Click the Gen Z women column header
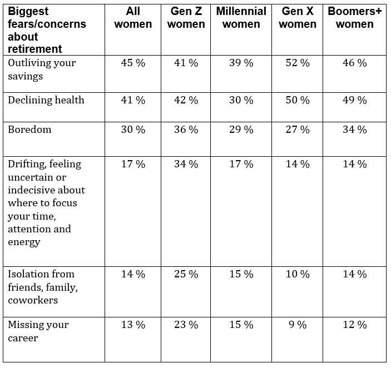[x=186, y=18]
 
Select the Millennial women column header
[x=241, y=18]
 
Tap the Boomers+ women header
[x=355, y=18]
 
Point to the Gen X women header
[x=298, y=18]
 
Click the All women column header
[x=133, y=18]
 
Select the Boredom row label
[x=29, y=130]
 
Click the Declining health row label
[x=46, y=100]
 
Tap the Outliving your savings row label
[x=42, y=69]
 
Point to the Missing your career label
[x=38, y=331]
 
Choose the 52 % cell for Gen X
[x=298, y=63]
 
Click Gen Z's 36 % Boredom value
[x=186, y=130]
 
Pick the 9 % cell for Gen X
[x=298, y=325]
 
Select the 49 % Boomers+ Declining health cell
[x=355, y=100]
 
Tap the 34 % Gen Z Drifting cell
[x=186, y=164]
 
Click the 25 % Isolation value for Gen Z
[x=186, y=274]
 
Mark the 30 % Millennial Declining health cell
[x=241, y=100]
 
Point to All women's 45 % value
[x=133, y=63]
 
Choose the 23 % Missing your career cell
[x=186, y=325]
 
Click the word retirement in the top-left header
[x=34, y=49]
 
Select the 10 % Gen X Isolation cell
[x=298, y=274]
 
